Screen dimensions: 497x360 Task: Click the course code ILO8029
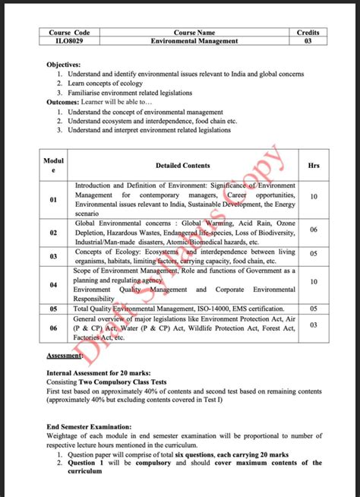[69, 41]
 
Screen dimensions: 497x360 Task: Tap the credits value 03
[308, 41]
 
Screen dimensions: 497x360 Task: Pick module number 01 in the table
[53, 199]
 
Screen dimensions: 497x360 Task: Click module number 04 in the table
[53, 285]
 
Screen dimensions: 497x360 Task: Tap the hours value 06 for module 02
[314, 230]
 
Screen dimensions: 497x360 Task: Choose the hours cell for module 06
[314, 324]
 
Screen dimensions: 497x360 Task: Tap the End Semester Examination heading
[88, 428]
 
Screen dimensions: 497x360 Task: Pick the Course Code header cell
[69, 33]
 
